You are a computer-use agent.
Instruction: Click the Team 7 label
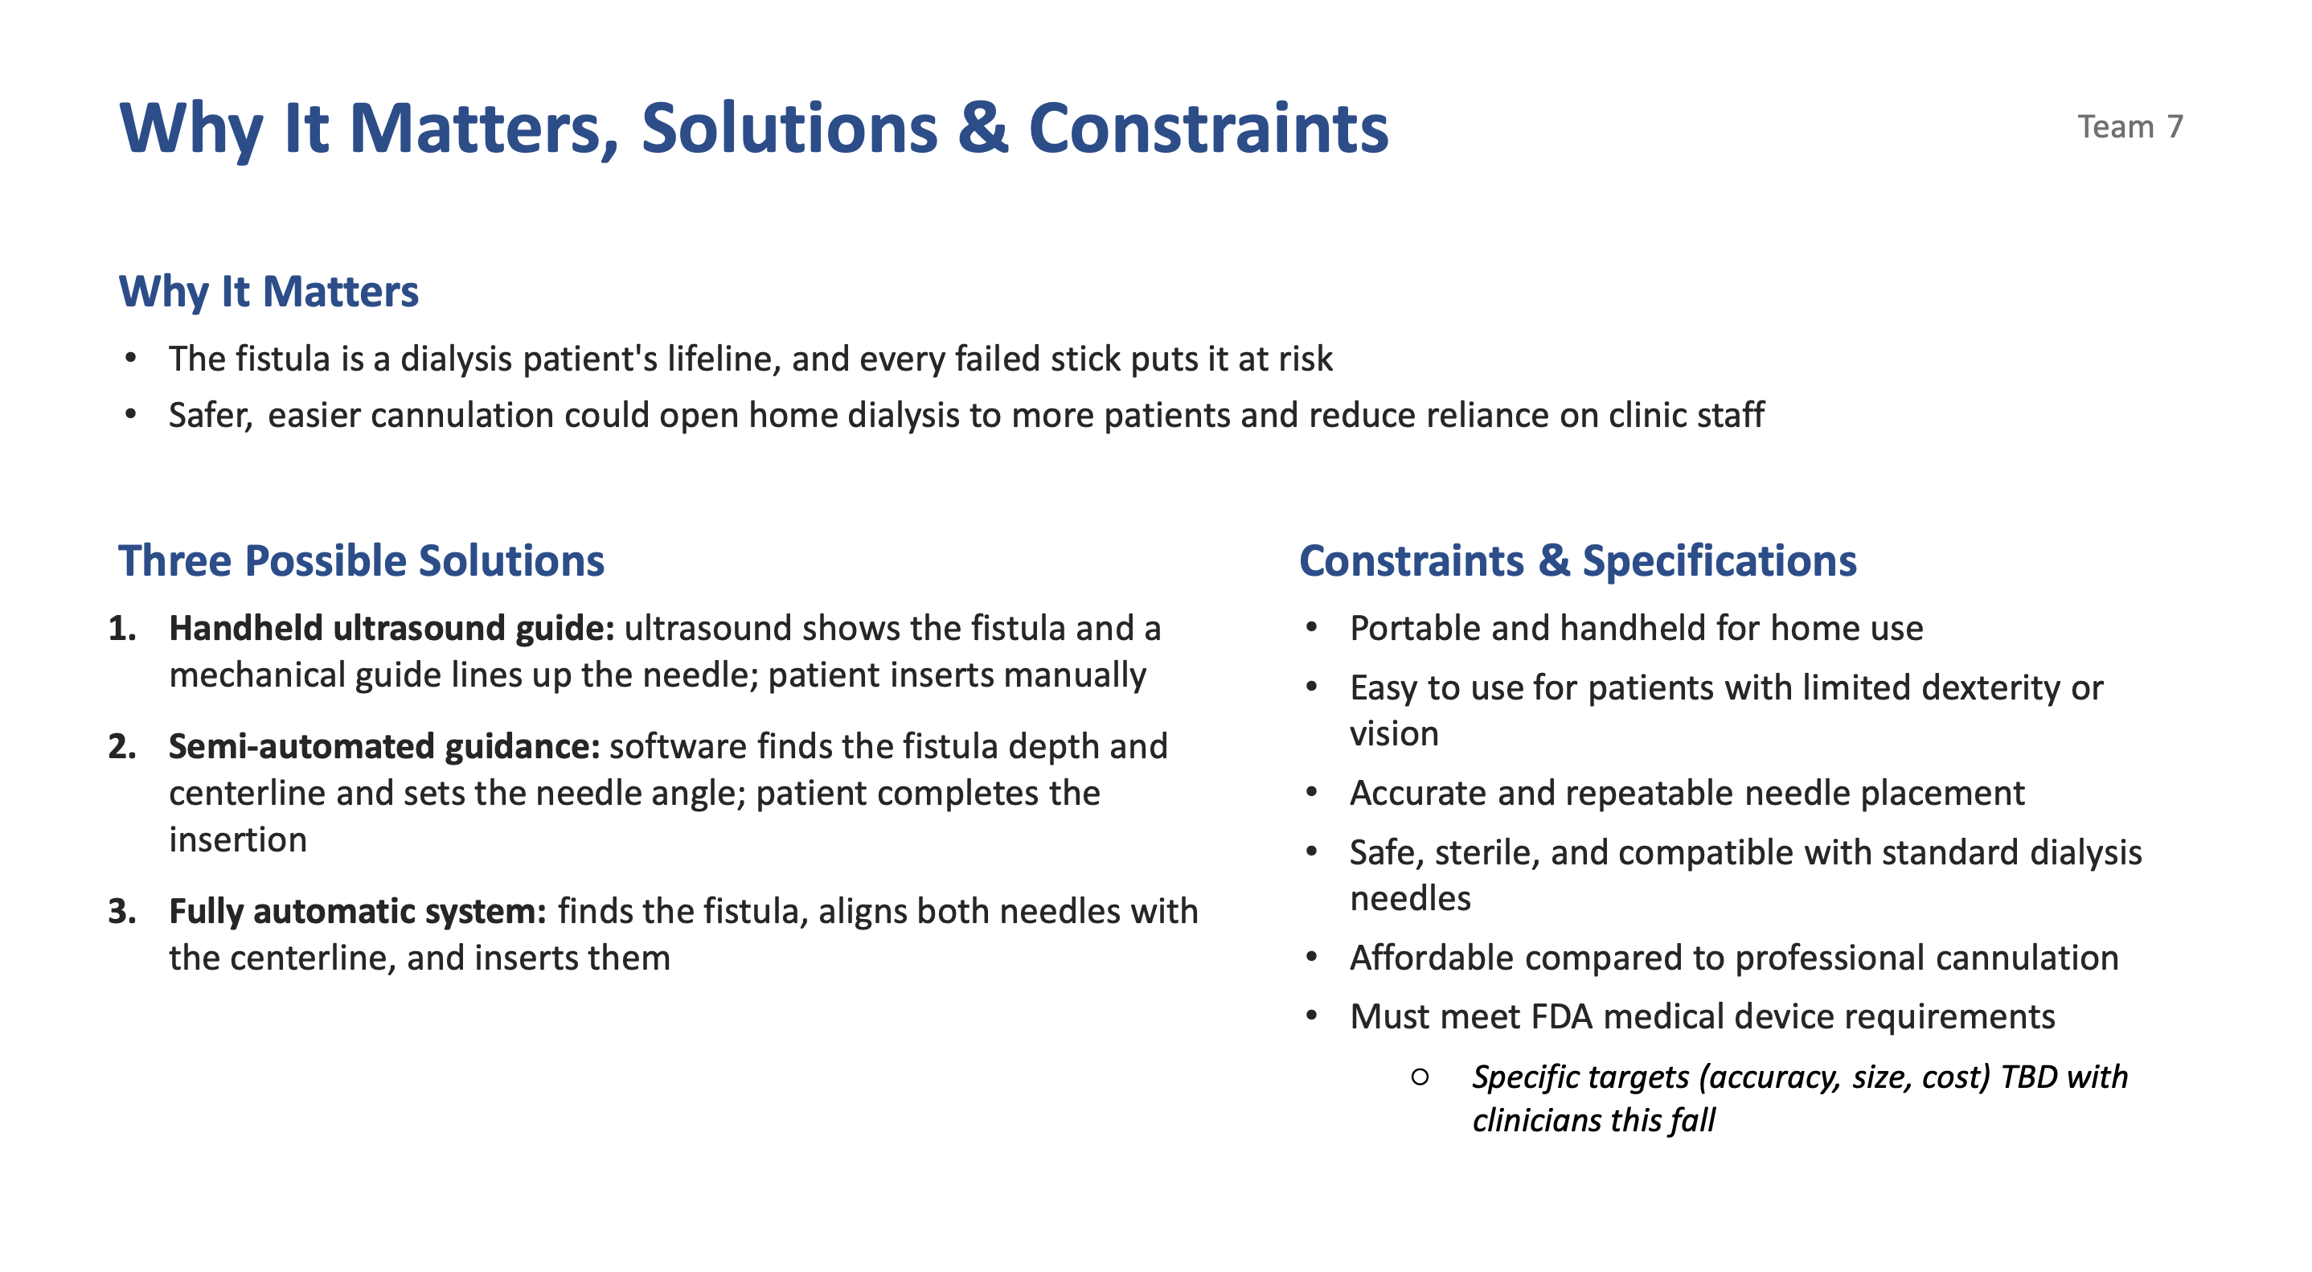click(x=2130, y=126)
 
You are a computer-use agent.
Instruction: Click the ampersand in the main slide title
click(x=983, y=129)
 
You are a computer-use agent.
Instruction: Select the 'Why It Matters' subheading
click(x=269, y=292)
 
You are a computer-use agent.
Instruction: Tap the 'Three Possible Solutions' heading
click(x=361, y=561)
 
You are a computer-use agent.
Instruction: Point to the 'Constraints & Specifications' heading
click(x=1577, y=561)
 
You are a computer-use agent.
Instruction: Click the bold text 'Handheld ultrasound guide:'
click(x=391, y=629)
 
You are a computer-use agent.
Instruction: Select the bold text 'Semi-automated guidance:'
click(x=384, y=747)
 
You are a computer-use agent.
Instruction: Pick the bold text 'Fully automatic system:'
click(x=357, y=912)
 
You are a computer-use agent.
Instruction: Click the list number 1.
click(x=122, y=629)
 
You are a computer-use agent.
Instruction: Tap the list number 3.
click(x=122, y=912)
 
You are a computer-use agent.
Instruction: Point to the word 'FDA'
click(x=1562, y=1017)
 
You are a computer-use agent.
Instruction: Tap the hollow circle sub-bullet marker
click(x=1420, y=1077)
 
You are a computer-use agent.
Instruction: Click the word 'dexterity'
click(x=1932, y=688)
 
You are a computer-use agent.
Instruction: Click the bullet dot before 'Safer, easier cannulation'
click(x=131, y=415)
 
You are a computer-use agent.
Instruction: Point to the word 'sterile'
click(x=1486, y=853)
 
